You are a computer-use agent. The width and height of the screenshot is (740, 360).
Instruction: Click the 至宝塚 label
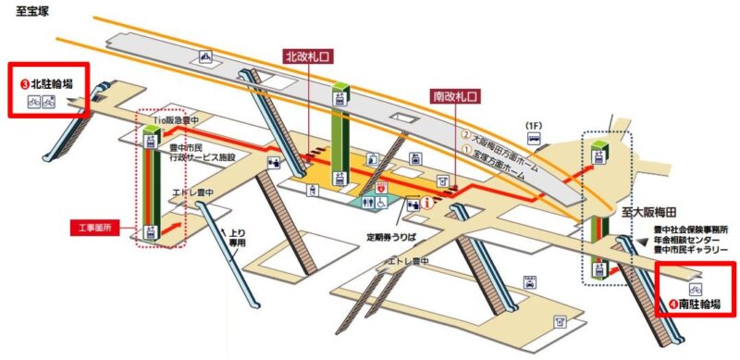[x=33, y=13]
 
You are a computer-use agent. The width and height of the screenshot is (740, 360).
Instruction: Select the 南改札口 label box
[x=453, y=95]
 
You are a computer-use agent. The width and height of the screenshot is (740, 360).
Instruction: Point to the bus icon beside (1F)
[x=534, y=139]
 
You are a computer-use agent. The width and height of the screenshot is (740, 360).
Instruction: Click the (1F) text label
[x=534, y=125]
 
